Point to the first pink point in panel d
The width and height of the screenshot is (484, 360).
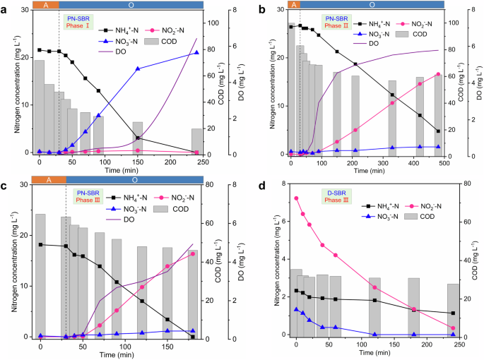pos(296,198)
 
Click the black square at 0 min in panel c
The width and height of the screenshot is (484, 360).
pos(41,245)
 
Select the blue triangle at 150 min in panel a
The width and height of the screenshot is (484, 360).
pos(138,68)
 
